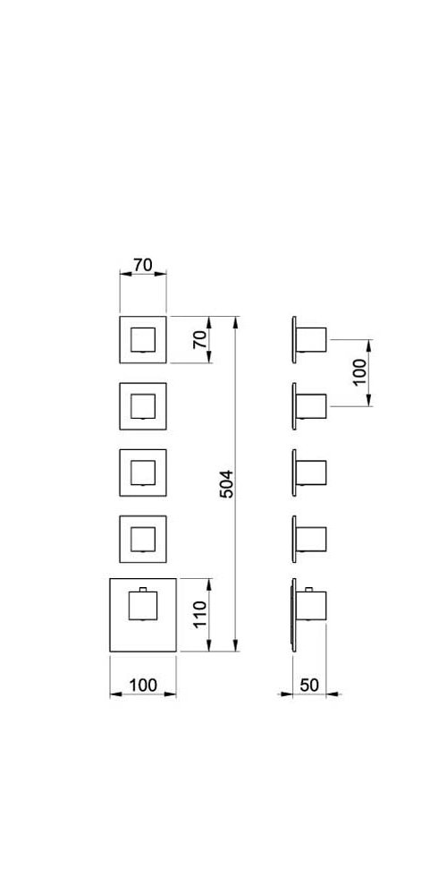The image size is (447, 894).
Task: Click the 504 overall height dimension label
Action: click(227, 484)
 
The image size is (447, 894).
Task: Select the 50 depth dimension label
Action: click(309, 685)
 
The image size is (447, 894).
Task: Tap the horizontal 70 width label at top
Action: click(143, 265)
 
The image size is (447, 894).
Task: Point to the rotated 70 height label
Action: click(200, 340)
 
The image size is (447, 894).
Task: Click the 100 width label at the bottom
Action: click(142, 685)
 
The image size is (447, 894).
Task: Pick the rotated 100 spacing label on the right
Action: click(359, 371)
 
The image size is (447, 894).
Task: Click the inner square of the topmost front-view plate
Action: click(143, 340)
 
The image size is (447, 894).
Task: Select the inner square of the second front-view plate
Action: click(143, 406)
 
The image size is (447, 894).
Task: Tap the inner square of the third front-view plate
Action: click(143, 473)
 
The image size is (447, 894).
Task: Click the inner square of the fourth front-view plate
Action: click(143, 540)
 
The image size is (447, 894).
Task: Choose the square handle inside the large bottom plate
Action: click(143, 606)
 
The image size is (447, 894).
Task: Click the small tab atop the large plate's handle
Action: click(143, 589)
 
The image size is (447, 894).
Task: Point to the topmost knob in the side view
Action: click(311, 340)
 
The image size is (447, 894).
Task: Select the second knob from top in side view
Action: click(311, 406)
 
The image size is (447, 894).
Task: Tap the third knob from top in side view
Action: click(311, 473)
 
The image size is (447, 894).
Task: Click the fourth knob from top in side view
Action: click(311, 540)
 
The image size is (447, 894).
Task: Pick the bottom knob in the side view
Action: click(311, 606)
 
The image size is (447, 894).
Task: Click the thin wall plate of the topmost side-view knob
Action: click(294, 340)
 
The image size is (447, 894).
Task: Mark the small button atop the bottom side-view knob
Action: click(309, 589)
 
